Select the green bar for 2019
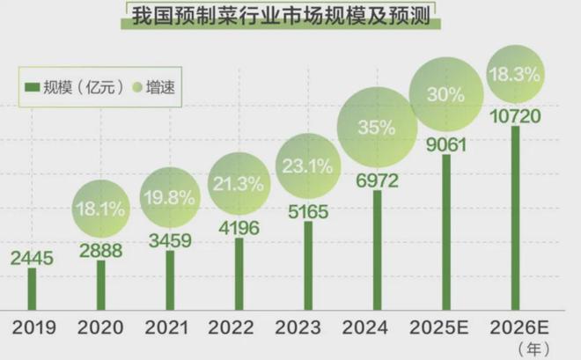pos(33,289)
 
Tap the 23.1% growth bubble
pos(306,164)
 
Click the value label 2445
pos(32,258)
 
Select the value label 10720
pos(516,115)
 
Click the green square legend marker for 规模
pos(32,87)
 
